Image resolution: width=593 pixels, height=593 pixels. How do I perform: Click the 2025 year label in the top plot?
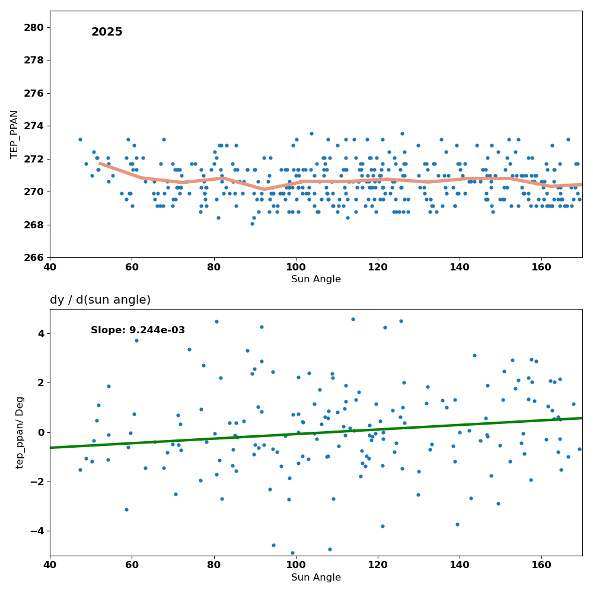(107, 32)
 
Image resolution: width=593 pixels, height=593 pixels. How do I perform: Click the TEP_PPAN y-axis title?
(14, 134)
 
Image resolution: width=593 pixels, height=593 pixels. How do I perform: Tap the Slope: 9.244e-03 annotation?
(138, 330)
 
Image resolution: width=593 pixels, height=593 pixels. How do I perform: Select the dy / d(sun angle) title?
(100, 300)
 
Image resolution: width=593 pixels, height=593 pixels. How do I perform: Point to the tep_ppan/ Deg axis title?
(20, 432)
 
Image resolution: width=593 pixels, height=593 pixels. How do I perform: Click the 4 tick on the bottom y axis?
(41, 333)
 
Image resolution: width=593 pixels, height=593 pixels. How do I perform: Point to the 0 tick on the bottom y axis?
(41, 432)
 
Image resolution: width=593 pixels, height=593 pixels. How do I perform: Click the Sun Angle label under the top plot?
(316, 279)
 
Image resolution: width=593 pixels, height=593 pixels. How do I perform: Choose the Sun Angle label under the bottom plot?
(316, 578)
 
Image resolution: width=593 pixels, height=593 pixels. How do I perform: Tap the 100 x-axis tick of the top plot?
(296, 267)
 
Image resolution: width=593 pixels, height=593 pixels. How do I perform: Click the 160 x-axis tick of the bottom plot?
(541, 566)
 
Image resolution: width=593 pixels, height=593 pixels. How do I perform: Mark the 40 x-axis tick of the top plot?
(50, 267)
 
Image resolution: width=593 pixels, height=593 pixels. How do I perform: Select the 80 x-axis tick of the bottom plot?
(213, 566)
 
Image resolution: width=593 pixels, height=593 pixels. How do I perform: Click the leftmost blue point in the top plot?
(80, 140)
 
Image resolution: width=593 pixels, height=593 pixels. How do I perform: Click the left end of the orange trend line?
(100, 163)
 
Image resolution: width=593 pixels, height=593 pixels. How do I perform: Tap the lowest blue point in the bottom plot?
(292, 553)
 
